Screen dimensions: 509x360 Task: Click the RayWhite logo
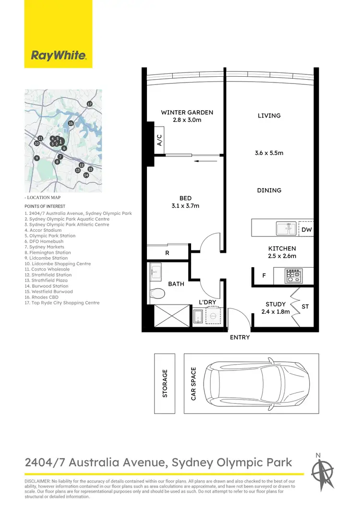(59, 55)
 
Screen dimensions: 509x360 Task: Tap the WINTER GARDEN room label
(187, 112)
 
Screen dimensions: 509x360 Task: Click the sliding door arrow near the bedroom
(204, 162)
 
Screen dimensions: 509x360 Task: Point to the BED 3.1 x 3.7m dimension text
(185, 206)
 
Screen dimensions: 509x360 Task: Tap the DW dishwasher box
(306, 229)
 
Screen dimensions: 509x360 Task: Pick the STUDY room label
(276, 304)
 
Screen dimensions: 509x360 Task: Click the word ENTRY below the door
(240, 337)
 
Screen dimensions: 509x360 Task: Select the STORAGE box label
(165, 383)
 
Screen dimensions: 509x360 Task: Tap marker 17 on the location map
(89, 104)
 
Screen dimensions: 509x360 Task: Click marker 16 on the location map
(71, 123)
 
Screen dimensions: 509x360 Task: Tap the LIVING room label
(269, 116)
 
